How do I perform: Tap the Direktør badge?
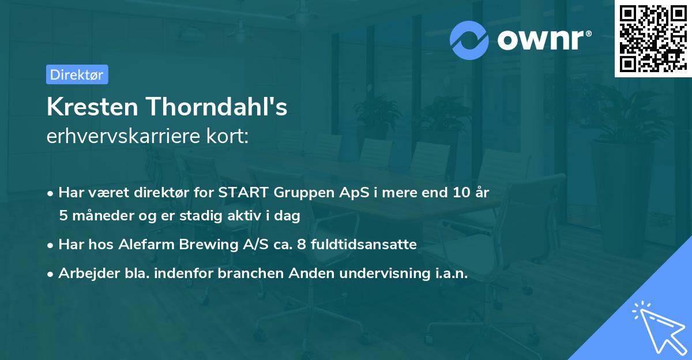(x=77, y=74)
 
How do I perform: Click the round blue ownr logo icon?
(x=470, y=40)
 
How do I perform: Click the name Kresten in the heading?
(x=92, y=107)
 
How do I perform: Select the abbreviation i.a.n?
(x=449, y=274)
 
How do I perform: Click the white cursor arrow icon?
(x=656, y=328)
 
